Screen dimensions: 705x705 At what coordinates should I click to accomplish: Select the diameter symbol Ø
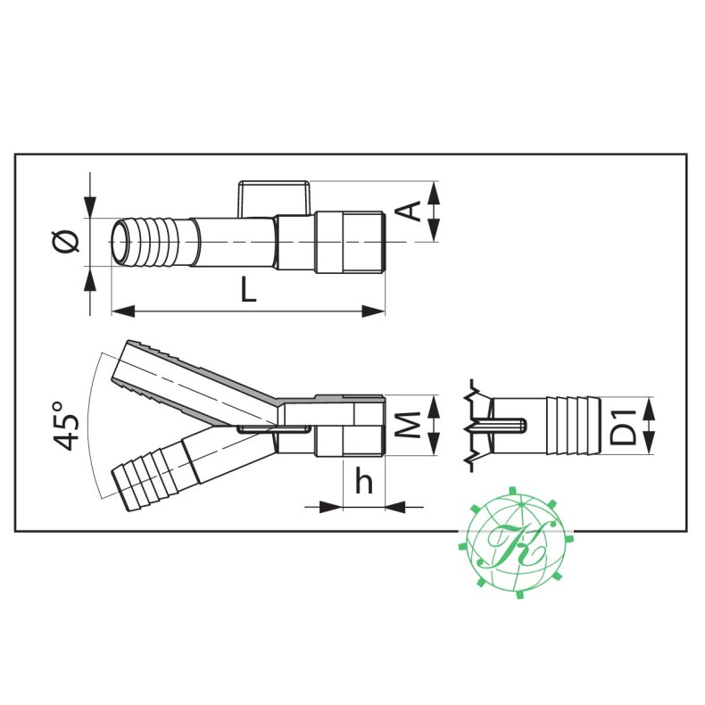pyautogui.click(x=67, y=241)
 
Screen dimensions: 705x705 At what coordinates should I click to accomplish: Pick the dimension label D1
pyautogui.click(x=626, y=426)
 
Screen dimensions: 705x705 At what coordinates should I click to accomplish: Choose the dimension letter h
pyautogui.click(x=364, y=482)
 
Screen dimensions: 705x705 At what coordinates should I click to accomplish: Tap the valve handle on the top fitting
pyautogui.click(x=274, y=196)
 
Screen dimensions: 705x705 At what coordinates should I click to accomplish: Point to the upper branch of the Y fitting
pyautogui.click(x=192, y=379)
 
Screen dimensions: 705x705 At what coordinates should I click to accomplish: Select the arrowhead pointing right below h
pyautogui.click(x=331, y=506)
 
